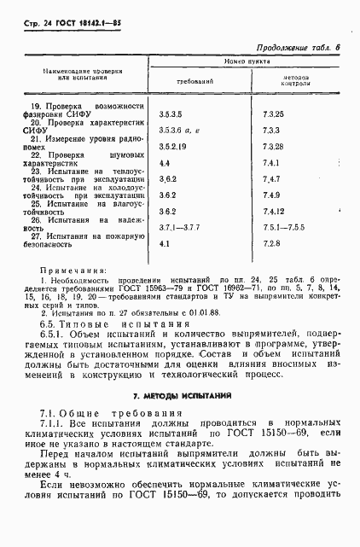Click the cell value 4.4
click(165, 161)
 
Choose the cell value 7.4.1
click(272, 161)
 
